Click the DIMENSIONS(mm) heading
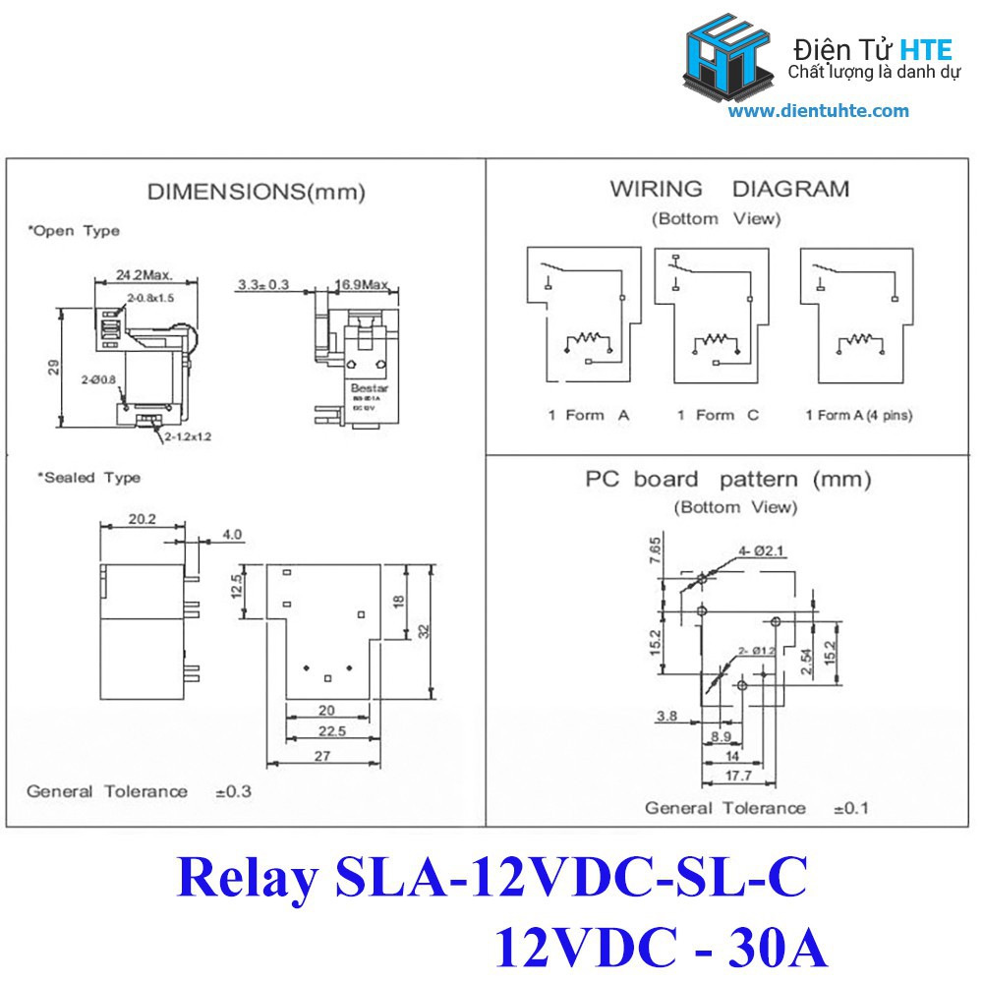[256, 192]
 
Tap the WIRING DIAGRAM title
[728, 189]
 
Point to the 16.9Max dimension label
[362, 286]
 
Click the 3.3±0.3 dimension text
[262, 286]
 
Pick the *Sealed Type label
[88, 478]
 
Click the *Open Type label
[74, 231]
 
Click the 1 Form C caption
[718, 415]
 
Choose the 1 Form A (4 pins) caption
[858, 415]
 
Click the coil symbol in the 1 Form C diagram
[715, 340]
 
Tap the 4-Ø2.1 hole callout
[764, 550]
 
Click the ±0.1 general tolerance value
[850, 808]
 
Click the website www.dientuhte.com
[819, 111]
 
